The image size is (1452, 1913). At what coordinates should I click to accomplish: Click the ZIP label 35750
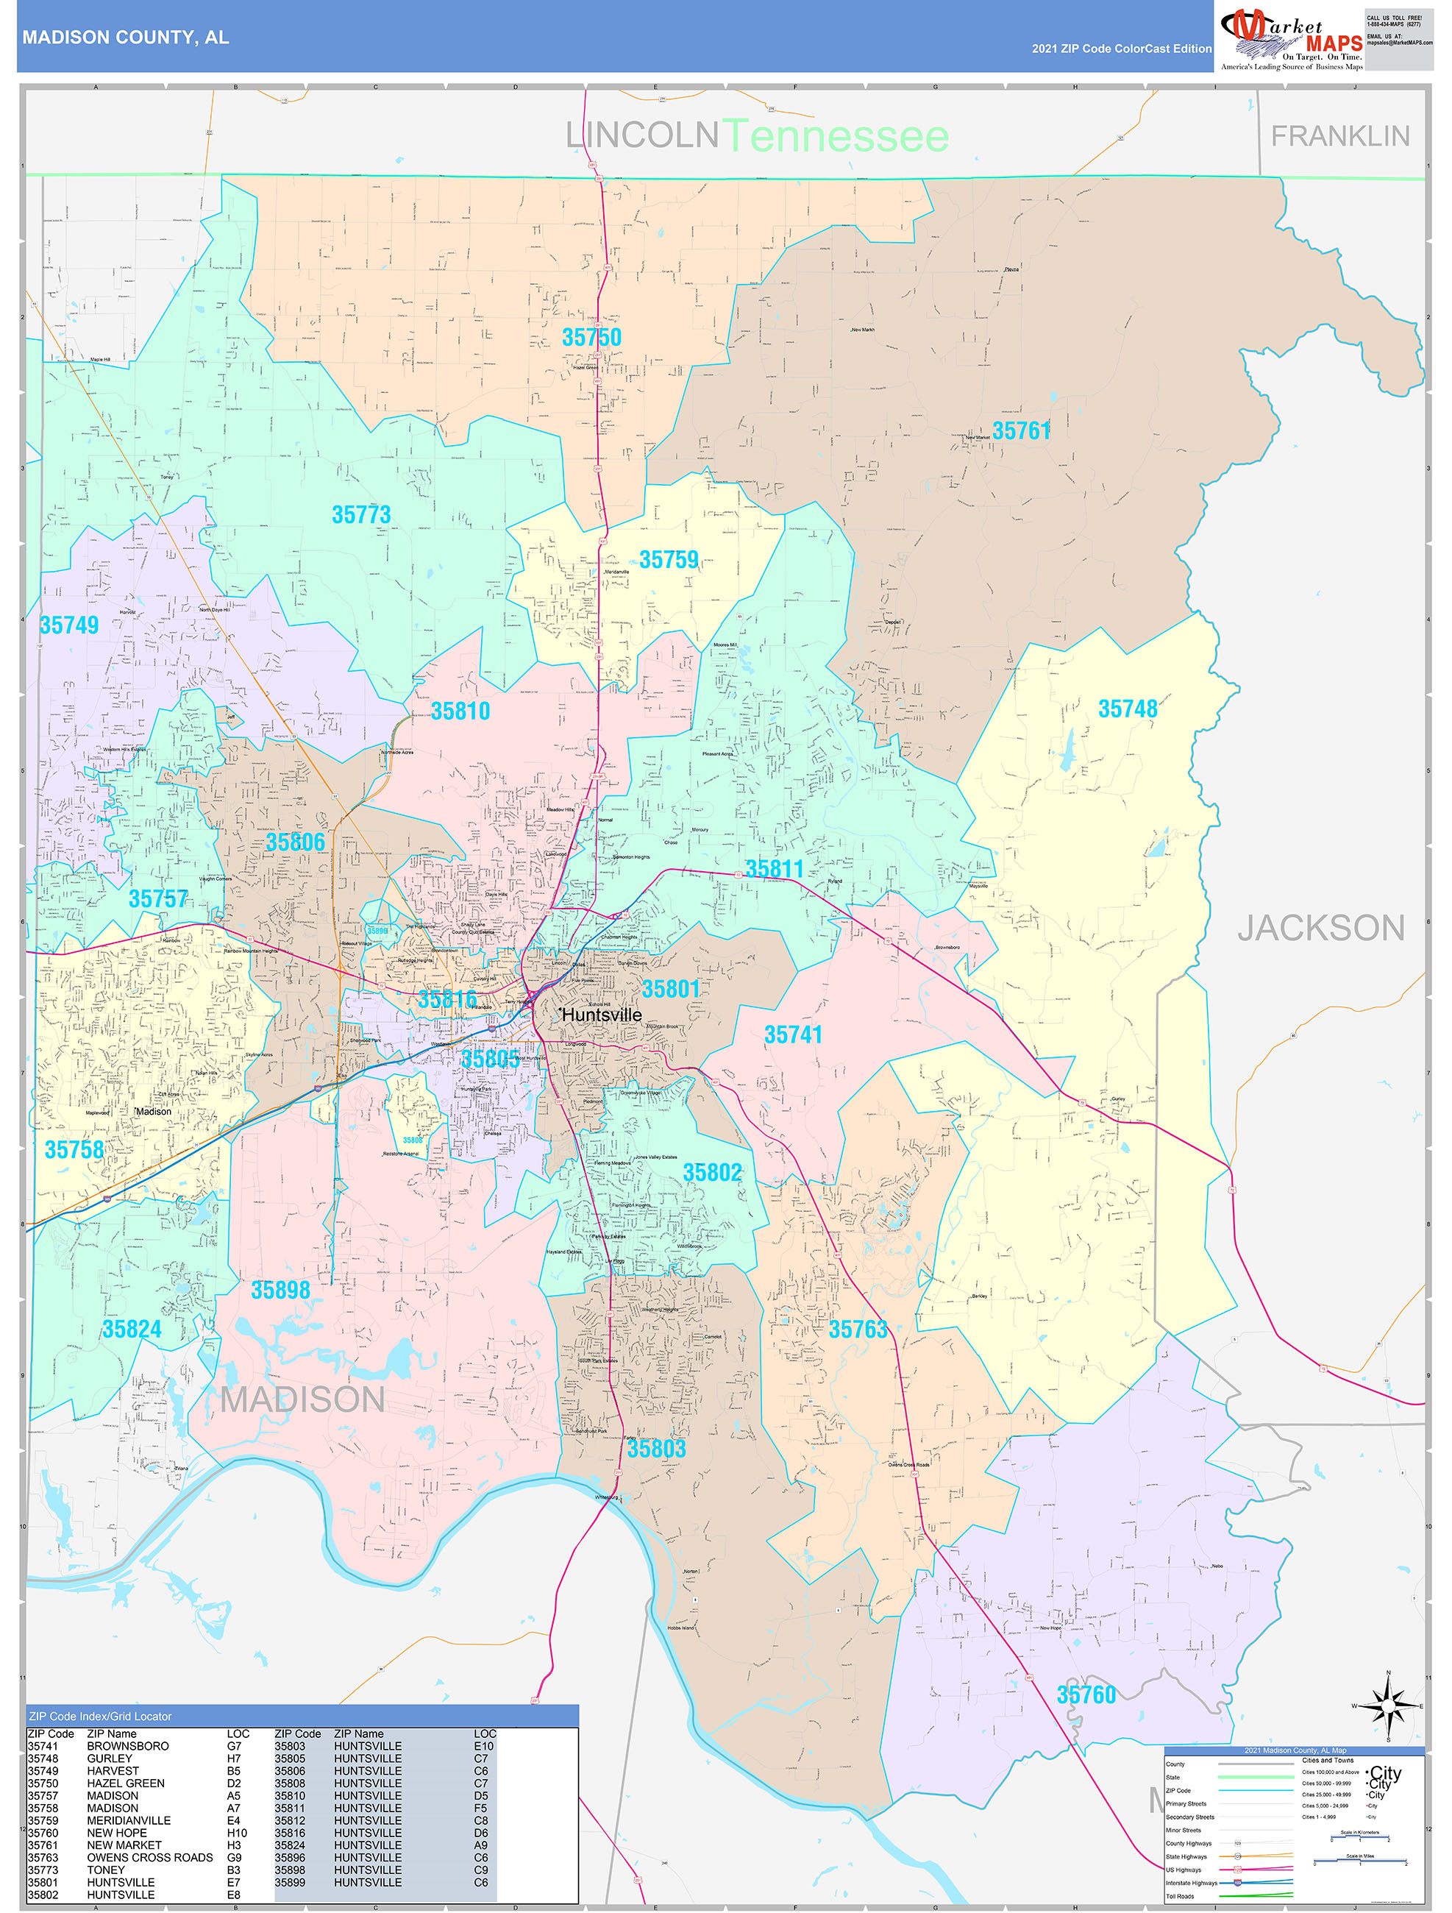coord(591,337)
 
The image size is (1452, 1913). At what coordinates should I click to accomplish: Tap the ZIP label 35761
coord(1022,430)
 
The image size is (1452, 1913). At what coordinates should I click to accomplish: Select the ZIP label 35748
coord(1127,709)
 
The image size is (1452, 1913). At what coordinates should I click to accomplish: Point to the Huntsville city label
coord(602,1015)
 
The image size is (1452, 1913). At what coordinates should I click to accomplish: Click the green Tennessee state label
coord(835,137)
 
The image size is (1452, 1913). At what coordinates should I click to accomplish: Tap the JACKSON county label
coord(1320,928)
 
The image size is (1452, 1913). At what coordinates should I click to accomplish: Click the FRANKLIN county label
coord(1339,136)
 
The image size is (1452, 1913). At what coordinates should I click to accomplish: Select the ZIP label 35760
coord(1086,1694)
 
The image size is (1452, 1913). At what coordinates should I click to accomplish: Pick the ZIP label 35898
coord(280,1291)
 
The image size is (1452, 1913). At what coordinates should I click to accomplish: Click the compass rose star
coord(1388,1706)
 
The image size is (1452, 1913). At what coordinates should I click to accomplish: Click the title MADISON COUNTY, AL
coord(125,38)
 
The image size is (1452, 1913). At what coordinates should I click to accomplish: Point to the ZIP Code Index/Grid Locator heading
coord(100,1716)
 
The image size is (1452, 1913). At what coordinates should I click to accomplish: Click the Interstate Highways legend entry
coord(1191,1882)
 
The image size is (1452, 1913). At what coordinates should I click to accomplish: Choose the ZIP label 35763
coord(858,1330)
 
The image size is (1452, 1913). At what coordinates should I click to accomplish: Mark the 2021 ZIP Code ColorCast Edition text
coord(1121,49)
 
